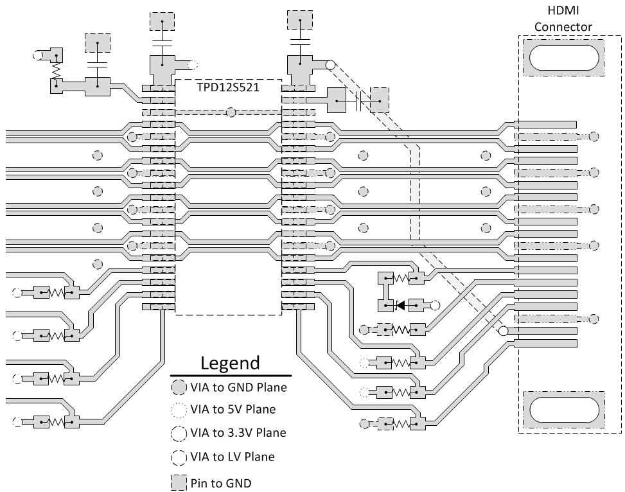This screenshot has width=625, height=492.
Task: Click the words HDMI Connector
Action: pyautogui.click(x=563, y=19)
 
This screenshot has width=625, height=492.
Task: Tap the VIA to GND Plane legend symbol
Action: pyautogui.click(x=178, y=387)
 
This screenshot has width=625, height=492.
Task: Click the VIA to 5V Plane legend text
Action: pyautogui.click(x=233, y=409)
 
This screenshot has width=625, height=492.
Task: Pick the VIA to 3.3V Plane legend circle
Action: pyautogui.click(x=178, y=433)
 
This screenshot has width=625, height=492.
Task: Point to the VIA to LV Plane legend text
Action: pyautogui.click(x=232, y=457)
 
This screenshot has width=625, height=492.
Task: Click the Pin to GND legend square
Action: pyautogui.click(x=178, y=482)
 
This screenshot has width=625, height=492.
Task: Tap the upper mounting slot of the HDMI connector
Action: pyautogui.click(x=563, y=58)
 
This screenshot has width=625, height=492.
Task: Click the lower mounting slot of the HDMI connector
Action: pyautogui.click(x=563, y=410)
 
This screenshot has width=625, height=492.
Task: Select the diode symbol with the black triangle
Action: pyautogui.click(x=401, y=305)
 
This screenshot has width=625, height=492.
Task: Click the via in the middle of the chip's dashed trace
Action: pyautogui.click(x=231, y=112)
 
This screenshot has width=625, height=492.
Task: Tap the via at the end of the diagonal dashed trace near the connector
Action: pyautogui.click(x=503, y=331)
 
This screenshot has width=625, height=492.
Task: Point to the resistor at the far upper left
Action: pyautogui.click(x=56, y=68)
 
